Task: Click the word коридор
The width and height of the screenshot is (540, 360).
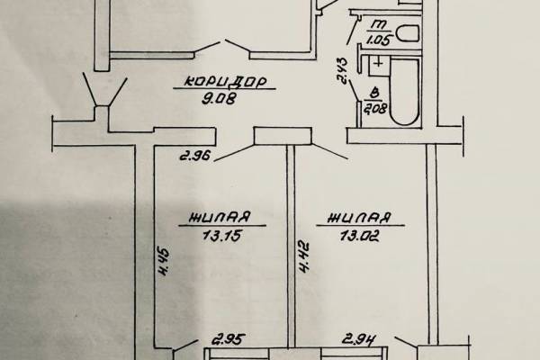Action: [x=226, y=82]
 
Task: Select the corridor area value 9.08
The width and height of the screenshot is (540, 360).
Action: [x=219, y=99]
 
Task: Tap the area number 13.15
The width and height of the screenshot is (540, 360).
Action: [x=222, y=236]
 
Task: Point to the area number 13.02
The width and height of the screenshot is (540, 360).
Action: [x=360, y=236]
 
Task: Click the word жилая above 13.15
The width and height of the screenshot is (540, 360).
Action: [x=220, y=218]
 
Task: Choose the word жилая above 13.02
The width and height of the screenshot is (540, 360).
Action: [x=360, y=218]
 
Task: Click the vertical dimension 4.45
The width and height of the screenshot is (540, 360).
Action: [x=164, y=260]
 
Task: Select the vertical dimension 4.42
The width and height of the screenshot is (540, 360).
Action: [x=303, y=257]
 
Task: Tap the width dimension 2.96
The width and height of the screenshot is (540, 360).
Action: [x=194, y=156]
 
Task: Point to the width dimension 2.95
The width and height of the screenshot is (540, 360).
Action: [x=229, y=339]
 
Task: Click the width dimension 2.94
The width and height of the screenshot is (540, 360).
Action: [x=358, y=339]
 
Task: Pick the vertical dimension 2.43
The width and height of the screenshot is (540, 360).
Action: [x=343, y=70]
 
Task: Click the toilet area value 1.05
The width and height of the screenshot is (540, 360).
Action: [x=379, y=40]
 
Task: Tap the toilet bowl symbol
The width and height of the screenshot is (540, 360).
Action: [x=408, y=33]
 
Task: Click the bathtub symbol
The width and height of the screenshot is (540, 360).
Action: [x=405, y=91]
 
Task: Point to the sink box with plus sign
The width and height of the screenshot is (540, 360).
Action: [x=379, y=66]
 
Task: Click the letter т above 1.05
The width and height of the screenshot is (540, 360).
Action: [x=379, y=25]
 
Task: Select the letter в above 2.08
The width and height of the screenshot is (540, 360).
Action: [x=376, y=93]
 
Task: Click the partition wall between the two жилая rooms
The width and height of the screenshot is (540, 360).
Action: [x=292, y=246]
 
